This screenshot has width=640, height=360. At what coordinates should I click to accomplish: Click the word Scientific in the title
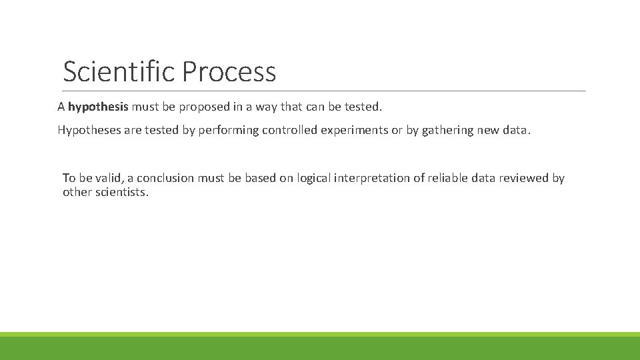[x=119, y=71]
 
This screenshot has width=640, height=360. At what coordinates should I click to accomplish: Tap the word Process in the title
[x=228, y=71]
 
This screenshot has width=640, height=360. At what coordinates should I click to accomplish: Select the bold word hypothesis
[x=98, y=107]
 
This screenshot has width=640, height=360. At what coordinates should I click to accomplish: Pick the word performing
[x=226, y=130]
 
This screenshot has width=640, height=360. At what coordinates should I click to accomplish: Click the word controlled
[x=291, y=130]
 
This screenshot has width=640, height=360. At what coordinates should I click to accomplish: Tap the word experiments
[x=355, y=130]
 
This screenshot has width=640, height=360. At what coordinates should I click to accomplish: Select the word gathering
[x=447, y=130]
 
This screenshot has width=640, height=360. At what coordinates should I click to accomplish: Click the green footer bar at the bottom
[x=320, y=347]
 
